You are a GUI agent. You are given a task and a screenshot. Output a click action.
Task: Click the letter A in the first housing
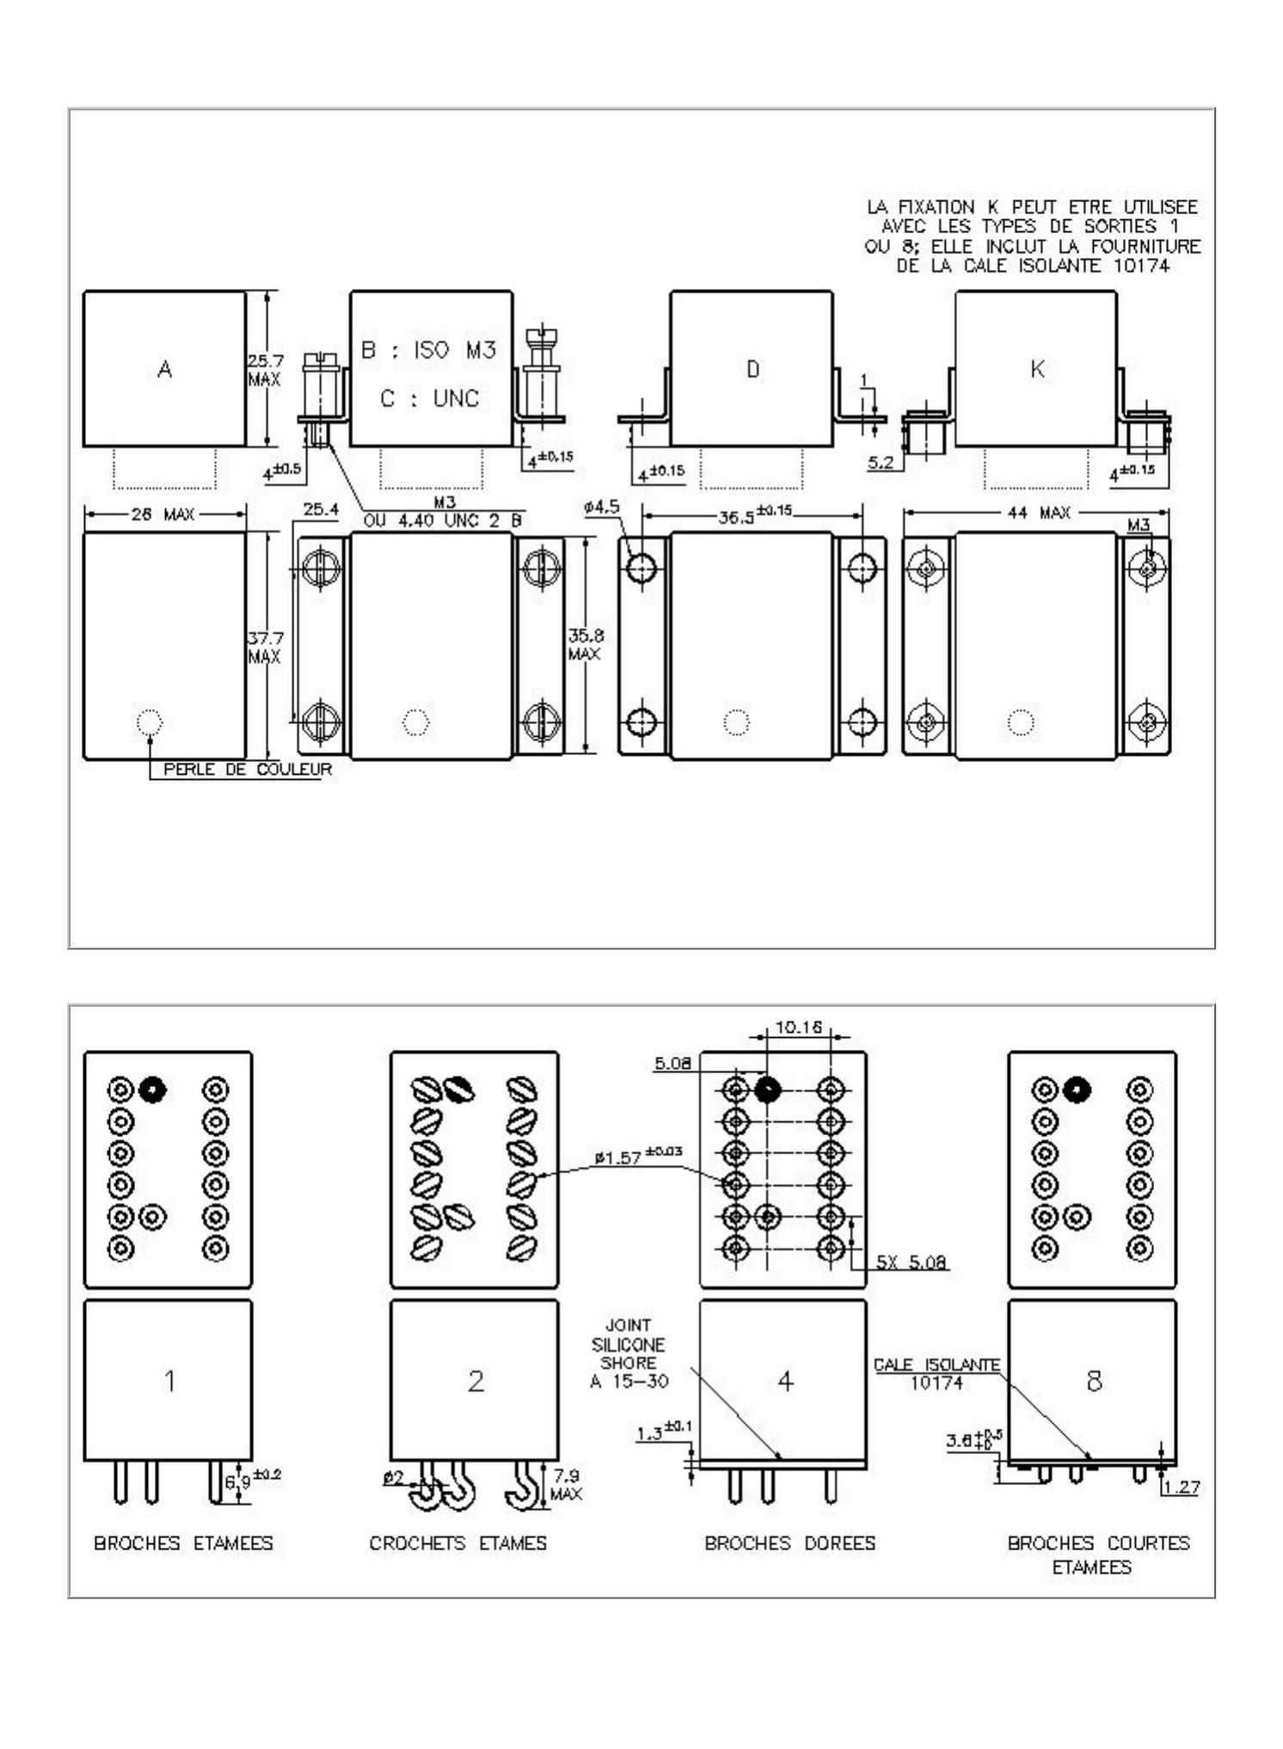tap(165, 370)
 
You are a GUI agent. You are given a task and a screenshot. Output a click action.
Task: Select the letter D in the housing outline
tap(752, 370)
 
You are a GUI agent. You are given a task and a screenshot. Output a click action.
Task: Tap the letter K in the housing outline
tap(1037, 370)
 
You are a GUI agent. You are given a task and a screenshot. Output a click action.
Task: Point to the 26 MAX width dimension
tap(163, 514)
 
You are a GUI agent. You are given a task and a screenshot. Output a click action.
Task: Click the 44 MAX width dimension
tap(1039, 513)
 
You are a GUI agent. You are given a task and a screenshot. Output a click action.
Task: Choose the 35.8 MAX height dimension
tap(585, 645)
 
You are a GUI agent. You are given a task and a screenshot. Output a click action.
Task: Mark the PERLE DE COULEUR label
tap(247, 770)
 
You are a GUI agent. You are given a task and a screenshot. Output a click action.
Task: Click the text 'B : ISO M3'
tap(429, 350)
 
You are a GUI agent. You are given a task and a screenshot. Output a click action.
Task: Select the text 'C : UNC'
tap(429, 399)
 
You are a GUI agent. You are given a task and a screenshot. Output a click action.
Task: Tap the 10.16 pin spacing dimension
tap(799, 1028)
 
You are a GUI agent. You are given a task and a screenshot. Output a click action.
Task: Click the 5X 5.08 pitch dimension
tap(912, 1262)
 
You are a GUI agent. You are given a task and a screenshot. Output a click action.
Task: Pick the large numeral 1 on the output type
tap(169, 1381)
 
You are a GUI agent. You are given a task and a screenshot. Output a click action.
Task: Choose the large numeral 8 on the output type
tap(1094, 1381)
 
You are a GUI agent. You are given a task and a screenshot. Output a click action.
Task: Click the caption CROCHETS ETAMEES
tap(457, 1543)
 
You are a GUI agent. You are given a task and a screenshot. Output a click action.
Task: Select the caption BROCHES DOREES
tap(789, 1543)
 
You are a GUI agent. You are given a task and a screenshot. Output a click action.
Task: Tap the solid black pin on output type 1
tap(153, 1089)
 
